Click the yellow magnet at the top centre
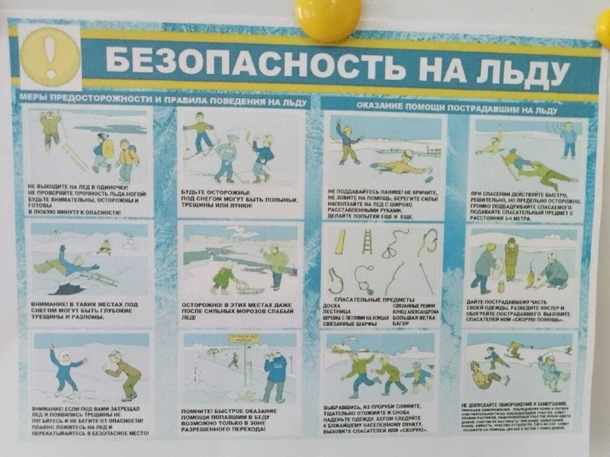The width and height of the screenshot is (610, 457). (x=327, y=18)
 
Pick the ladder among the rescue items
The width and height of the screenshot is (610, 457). (x=367, y=243)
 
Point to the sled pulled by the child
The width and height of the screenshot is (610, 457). (x=246, y=286)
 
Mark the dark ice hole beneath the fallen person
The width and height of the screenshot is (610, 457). (x=72, y=286)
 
